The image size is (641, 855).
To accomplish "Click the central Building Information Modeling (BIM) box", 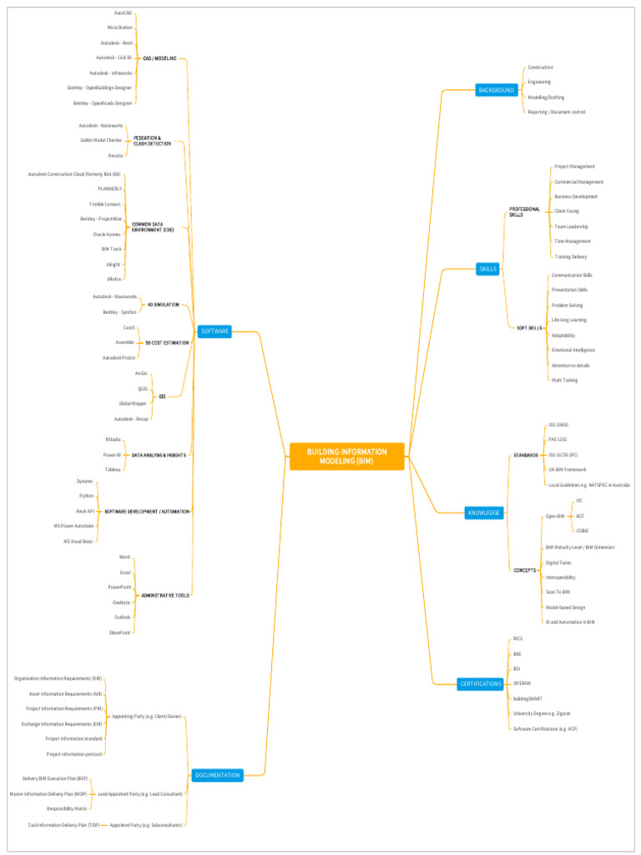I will (x=347, y=456).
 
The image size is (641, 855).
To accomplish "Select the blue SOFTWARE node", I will (x=215, y=331).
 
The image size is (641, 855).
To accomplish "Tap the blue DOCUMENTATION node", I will (x=218, y=775).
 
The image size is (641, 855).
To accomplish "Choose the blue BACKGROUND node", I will (x=496, y=89).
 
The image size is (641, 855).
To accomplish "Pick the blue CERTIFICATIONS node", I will (x=481, y=684).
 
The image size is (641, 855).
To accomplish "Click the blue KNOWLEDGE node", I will (x=484, y=513).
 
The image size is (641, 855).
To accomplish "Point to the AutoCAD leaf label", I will (x=123, y=13).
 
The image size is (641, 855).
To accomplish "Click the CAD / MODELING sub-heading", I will (x=159, y=58).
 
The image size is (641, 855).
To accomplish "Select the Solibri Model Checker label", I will (x=101, y=140).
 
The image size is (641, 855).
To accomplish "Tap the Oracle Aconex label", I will (x=108, y=234).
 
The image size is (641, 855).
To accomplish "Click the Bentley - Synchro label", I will (x=119, y=311).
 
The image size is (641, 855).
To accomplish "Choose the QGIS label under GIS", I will (x=143, y=388).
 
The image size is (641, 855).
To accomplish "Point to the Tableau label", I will (x=113, y=469).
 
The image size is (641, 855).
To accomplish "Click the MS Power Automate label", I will (x=73, y=526).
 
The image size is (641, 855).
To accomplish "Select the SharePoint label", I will (x=119, y=632).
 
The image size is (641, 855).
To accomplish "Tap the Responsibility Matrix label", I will (x=67, y=808).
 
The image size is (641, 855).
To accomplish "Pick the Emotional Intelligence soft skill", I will (x=573, y=350).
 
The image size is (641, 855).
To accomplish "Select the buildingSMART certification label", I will (x=527, y=698).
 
